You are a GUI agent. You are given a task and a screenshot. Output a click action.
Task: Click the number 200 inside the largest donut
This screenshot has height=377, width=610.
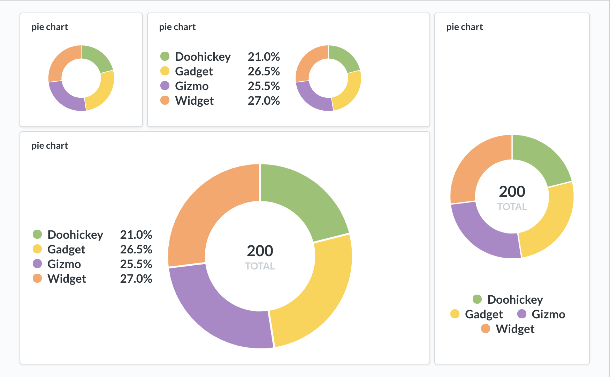260,251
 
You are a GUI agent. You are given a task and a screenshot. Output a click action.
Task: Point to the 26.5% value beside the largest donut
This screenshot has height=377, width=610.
136,249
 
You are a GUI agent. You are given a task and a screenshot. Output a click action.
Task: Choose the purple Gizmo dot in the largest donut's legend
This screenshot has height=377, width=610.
37,264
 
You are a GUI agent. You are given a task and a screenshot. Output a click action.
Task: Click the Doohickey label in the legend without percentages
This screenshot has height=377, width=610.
515,300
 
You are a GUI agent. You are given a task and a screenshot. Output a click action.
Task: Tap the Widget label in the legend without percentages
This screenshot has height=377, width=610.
515,329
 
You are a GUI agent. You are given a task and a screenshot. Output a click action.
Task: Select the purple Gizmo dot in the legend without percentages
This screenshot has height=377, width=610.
522,314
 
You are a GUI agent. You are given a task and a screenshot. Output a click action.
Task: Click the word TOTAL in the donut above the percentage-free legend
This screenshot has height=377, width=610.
512,207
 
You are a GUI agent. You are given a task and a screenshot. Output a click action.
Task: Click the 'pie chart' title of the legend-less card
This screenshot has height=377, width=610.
49,27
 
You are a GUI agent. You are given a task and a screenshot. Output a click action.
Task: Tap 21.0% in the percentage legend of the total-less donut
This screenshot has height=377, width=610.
264,57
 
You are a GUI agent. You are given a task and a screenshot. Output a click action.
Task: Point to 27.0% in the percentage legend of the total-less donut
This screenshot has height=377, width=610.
264,101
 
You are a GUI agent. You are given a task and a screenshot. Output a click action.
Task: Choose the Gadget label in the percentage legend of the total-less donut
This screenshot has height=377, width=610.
194,71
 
